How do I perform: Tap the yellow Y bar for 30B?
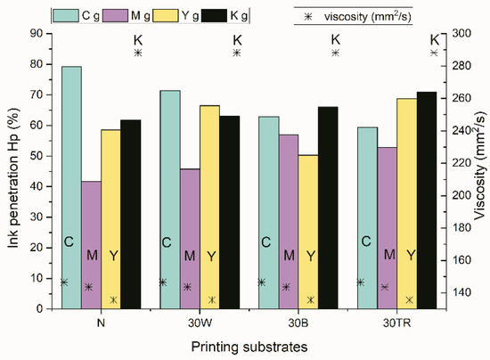click(310, 232)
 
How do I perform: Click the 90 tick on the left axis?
click(35, 33)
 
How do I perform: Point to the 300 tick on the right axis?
click(462, 33)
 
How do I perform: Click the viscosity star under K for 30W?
click(236, 53)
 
